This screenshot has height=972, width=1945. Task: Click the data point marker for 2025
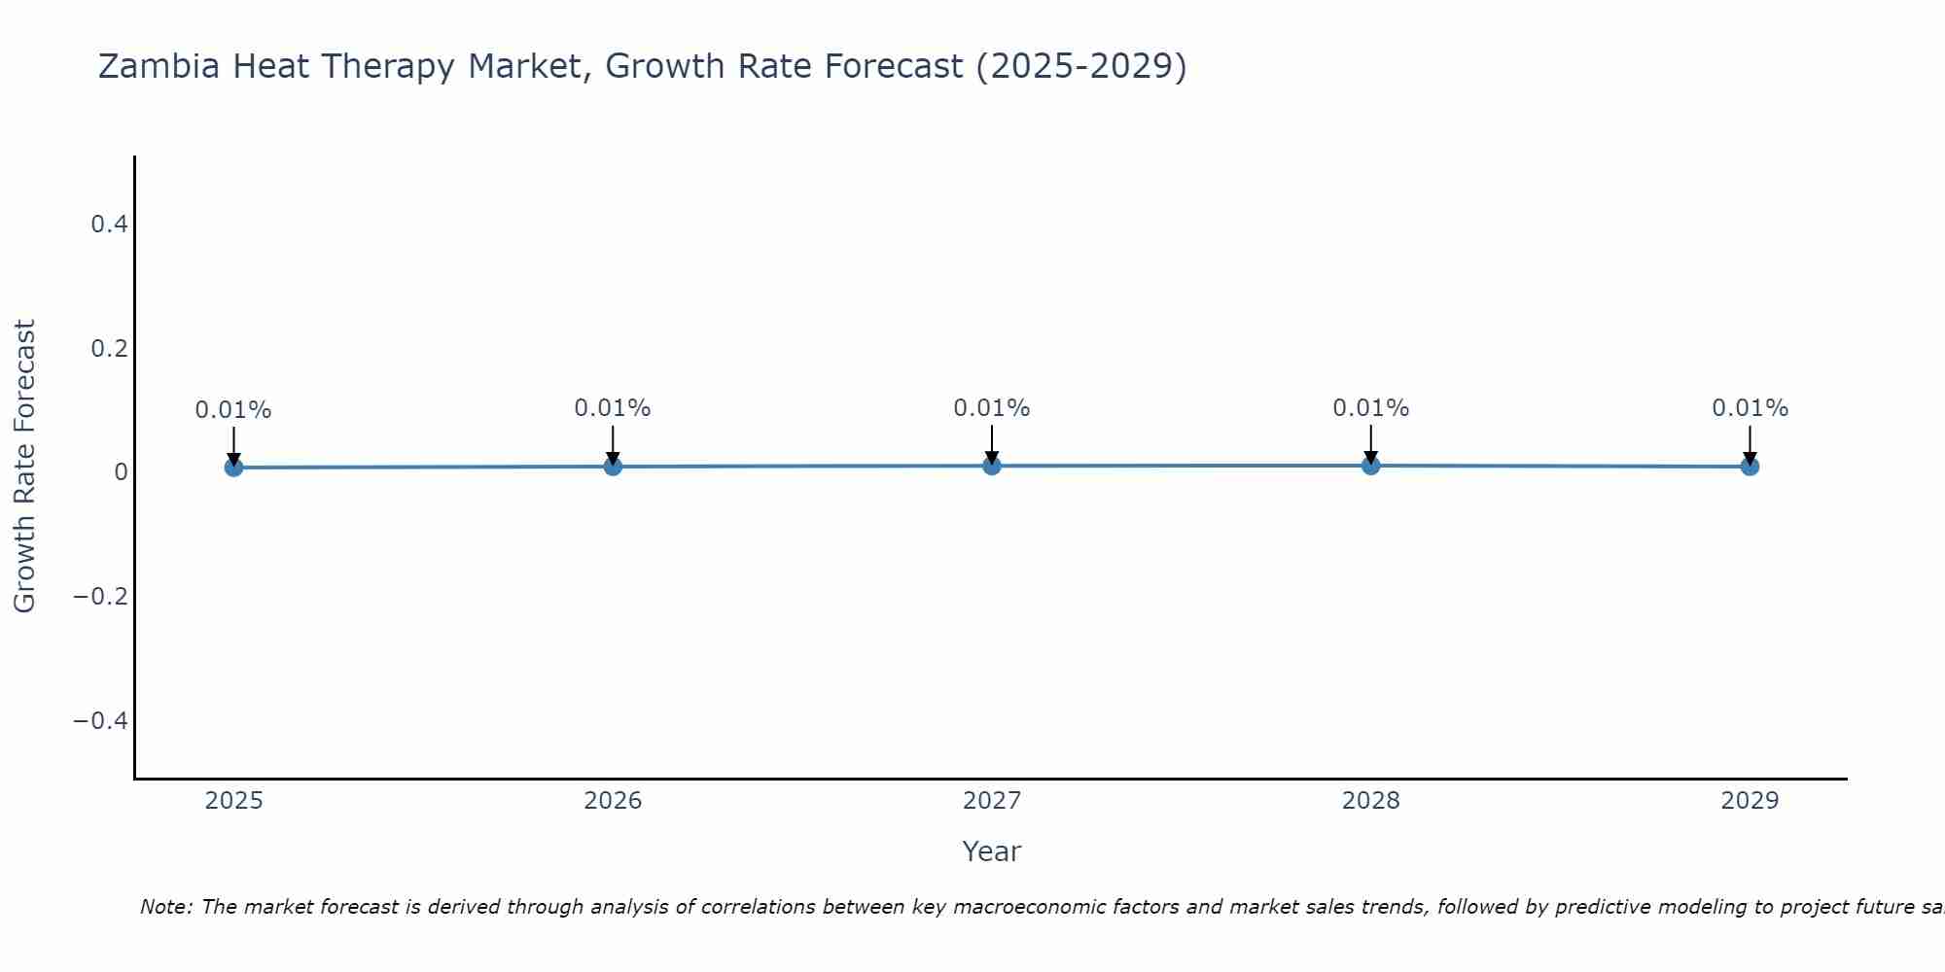[x=233, y=468]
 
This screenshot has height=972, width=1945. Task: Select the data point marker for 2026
[x=613, y=467]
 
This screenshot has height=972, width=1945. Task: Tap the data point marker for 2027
[x=992, y=466]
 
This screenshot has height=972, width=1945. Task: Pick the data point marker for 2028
[x=1370, y=466]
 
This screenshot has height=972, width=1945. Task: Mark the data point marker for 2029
[x=1750, y=467]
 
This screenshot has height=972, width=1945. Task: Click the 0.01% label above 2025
[x=233, y=410]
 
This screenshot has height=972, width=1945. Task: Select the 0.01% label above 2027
[x=992, y=408]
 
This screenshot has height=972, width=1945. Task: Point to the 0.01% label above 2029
[x=1750, y=408]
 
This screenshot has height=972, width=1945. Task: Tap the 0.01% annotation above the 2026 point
[x=613, y=408]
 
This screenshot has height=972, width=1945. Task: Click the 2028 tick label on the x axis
[x=1370, y=801]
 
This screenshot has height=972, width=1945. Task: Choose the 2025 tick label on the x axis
[x=234, y=801]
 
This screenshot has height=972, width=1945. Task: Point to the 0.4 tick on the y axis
[x=109, y=225]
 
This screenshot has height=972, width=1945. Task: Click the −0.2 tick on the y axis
[x=101, y=596]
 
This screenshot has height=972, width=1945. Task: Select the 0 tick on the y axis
[x=121, y=472]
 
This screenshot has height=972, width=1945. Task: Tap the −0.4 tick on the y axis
[x=101, y=720]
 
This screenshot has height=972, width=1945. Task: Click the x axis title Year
[x=991, y=852]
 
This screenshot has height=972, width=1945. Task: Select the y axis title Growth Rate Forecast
[x=24, y=467]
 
